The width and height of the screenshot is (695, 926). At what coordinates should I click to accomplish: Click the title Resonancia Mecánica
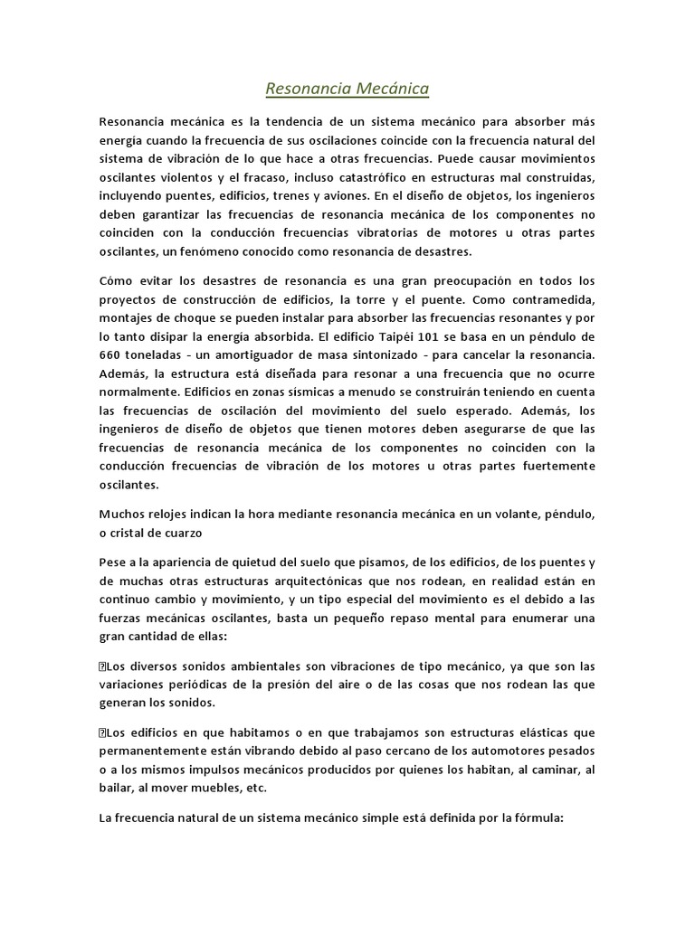[x=347, y=89]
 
